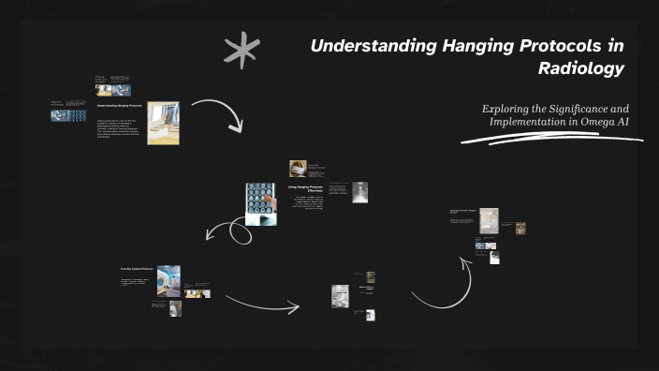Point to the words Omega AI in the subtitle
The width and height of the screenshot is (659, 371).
click(616, 122)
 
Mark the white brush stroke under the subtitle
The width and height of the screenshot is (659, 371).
click(552, 140)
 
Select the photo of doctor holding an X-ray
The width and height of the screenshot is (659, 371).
click(163, 123)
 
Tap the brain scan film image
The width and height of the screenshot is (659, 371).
click(260, 203)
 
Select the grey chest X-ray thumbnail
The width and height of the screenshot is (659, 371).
click(359, 192)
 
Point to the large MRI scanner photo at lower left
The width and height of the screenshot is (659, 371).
click(168, 280)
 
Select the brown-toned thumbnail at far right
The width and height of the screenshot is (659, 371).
click(520, 228)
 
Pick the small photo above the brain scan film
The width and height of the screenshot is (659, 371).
click(299, 168)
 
